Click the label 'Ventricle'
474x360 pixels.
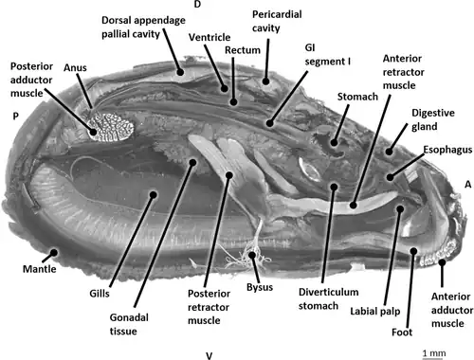point(210,37)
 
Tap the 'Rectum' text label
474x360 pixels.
point(243,50)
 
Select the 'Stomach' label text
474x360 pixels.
point(357,97)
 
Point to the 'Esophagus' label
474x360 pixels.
point(447,150)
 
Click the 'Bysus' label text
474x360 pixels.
point(260,287)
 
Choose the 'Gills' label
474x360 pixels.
point(100,294)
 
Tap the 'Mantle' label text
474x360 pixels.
point(40,269)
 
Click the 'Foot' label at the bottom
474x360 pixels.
point(402,333)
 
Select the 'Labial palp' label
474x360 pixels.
point(375,312)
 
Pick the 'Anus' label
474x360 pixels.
point(75,67)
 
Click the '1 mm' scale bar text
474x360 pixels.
point(434,353)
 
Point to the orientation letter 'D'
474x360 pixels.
point(197,4)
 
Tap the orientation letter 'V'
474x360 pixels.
point(210,356)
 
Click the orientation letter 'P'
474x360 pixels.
point(15,117)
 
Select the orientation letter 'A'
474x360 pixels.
point(468,185)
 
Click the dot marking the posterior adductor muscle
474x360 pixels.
point(93,132)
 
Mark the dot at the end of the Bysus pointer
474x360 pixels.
point(252,255)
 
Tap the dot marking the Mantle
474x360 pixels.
point(54,253)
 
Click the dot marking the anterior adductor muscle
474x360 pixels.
point(442,262)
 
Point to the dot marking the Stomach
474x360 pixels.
point(334,143)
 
